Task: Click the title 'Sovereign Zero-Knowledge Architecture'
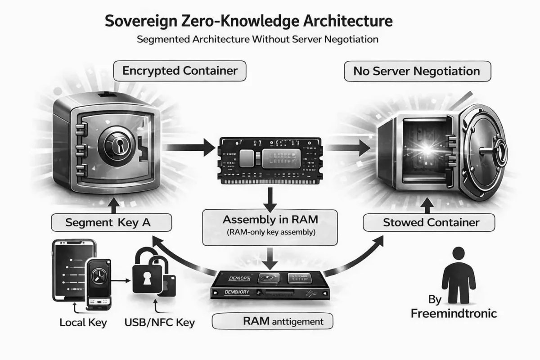[x=248, y=21]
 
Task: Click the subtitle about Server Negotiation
[x=257, y=39]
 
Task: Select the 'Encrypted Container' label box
[x=180, y=71]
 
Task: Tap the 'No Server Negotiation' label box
[x=417, y=71]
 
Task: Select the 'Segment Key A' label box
[x=111, y=222]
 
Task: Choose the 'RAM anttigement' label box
[x=273, y=321]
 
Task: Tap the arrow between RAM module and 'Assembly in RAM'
[x=269, y=198]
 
